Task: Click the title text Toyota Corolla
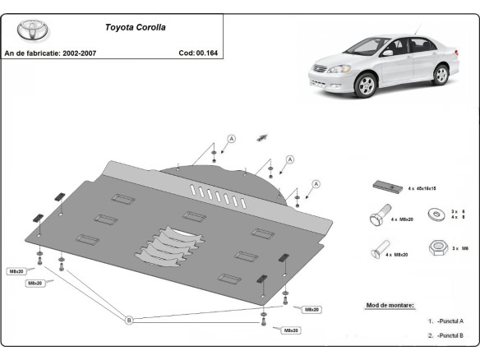click(135, 26)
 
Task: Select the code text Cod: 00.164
click(197, 52)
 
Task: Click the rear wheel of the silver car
click(441, 75)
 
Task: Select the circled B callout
click(128, 320)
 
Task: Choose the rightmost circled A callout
click(316, 183)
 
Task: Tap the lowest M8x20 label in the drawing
click(291, 330)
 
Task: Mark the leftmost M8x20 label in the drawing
click(16, 270)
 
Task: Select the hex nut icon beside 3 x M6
click(436, 247)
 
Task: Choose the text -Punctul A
click(450, 321)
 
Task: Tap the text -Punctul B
click(450, 335)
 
